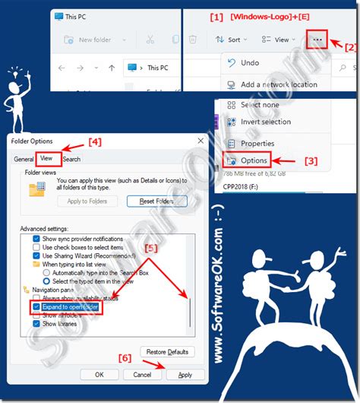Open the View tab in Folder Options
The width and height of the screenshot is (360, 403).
(46, 159)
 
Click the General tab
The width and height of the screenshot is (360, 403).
(24, 159)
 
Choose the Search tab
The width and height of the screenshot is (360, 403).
(71, 159)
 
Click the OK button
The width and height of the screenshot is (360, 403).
(99, 374)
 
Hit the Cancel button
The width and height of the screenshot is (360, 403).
(141, 374)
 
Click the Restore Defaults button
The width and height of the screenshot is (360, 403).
(167, 351)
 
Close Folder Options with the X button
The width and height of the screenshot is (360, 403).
(200, 141)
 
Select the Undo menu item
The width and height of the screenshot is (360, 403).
(249, 63)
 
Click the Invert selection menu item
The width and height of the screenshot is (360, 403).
(265, 122)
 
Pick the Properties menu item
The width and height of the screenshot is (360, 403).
(257, 144)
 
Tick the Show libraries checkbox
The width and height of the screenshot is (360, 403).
(36, 324)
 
